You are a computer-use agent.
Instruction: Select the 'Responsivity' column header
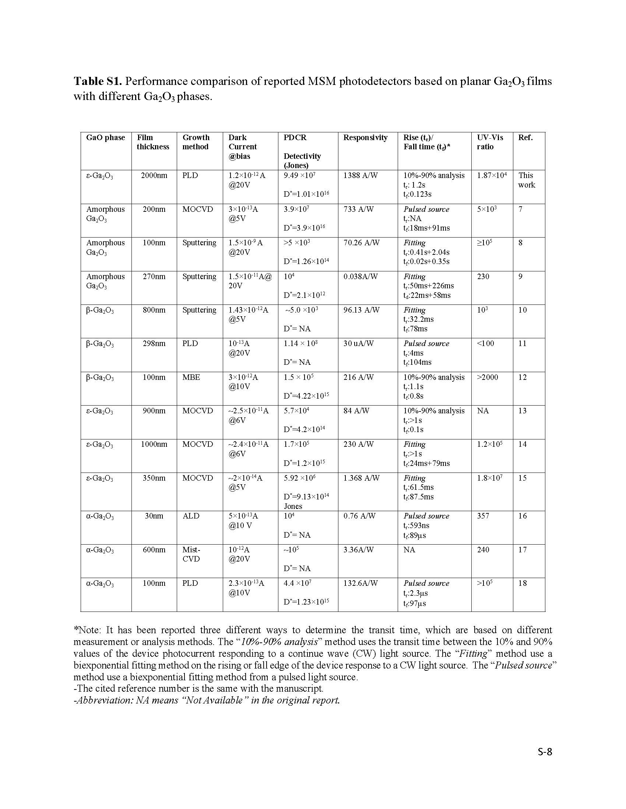click(365, 138)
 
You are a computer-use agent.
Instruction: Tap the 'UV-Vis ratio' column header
click(490, 142)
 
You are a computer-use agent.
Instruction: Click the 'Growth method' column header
click(196, 142)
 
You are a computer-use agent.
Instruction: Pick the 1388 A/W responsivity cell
click(360, 175)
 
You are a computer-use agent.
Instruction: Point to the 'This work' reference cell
click(527, 180)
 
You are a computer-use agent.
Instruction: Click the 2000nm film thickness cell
click(154, 175)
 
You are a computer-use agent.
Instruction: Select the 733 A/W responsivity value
click(358, 209)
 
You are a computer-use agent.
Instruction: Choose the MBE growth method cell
click(191, 377)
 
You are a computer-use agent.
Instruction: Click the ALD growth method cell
click(191, 516)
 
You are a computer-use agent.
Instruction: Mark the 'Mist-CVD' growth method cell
click(191, 554)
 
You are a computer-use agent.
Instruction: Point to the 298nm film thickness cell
click(154, 344)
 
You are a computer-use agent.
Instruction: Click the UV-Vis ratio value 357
click(483, 516)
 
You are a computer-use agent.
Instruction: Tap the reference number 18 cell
click(523, 584)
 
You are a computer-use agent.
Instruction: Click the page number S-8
click(545, 752)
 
